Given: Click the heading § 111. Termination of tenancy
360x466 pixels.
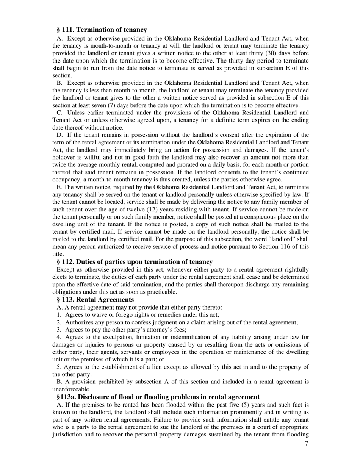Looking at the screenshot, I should [x=102, y=30].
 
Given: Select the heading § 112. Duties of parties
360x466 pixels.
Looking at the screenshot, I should [x=135, y=262].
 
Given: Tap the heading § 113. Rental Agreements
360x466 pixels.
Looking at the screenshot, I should [x=95, y=300].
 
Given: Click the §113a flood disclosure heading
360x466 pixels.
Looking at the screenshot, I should [x=158, y=397].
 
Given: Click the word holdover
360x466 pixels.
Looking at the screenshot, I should [x=63, y=157].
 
